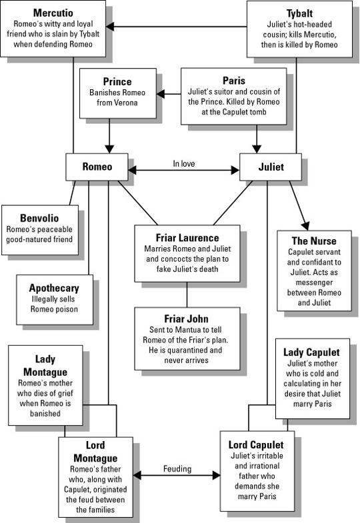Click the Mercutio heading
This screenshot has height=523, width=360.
coord(53,13)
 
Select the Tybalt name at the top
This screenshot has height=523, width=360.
coord(299,13)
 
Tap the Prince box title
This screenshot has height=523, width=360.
coord(117,82)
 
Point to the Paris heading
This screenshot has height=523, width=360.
coord(234,81)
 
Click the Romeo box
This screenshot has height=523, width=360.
coord(97,167)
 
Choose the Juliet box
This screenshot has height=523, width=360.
coord(271,167)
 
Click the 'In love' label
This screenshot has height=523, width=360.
coord(184,163)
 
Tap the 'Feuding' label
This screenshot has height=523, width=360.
coord(177,468)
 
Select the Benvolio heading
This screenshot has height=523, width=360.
coord(39,218)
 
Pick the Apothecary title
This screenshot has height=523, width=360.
coord(54,288)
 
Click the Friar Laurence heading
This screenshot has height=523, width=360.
coord(187,238)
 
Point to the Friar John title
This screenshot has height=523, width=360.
coord(186,319)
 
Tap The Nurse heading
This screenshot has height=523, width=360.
coord(314,241)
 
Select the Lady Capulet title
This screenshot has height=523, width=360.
coord(311,352)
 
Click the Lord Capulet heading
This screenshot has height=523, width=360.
coord(256,444)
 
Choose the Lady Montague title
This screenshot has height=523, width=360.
coord(45,365)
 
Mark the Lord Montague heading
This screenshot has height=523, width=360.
coord(95,451)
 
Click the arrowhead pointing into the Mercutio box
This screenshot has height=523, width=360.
coord(110,27)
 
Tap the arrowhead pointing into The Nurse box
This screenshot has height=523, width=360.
coord(305,225)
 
